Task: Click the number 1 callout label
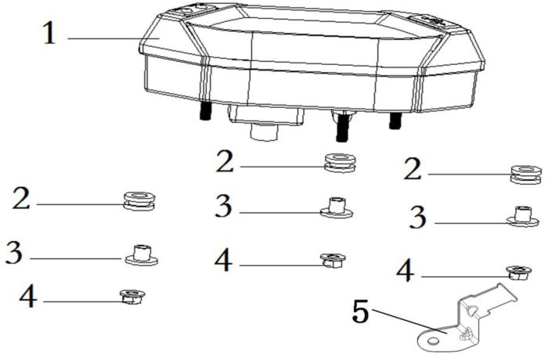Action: pyautogui.click(x=49, y=33)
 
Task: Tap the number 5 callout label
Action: pyautogui.click(x=361, y=311)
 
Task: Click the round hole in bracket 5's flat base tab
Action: pyautogui.click(x=433, y=340)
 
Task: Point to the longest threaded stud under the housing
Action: pyautogui.click(x=343, y=127)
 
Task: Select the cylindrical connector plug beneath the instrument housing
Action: pyautogui.click(x=265, y=131)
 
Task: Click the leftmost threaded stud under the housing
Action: pyautogui.click(x=205, y=111)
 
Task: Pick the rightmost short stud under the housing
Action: pyautogui.click(x=395, y=121)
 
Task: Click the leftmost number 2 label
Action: pyautogui.click(x=21, y=198)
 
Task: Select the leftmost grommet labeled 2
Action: pyautogui.click(x=139, y=201)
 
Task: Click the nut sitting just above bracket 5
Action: pyautogui.click(x=518, y=272)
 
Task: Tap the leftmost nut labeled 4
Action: pyautogui.click(x=132, y=297)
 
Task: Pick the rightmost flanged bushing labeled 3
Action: pyautogui.click(x=522, y=216)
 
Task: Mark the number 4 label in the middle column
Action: pyautogui.click(x=223, y=260)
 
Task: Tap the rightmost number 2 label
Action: pyautogui.click(x=413, y=169)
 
